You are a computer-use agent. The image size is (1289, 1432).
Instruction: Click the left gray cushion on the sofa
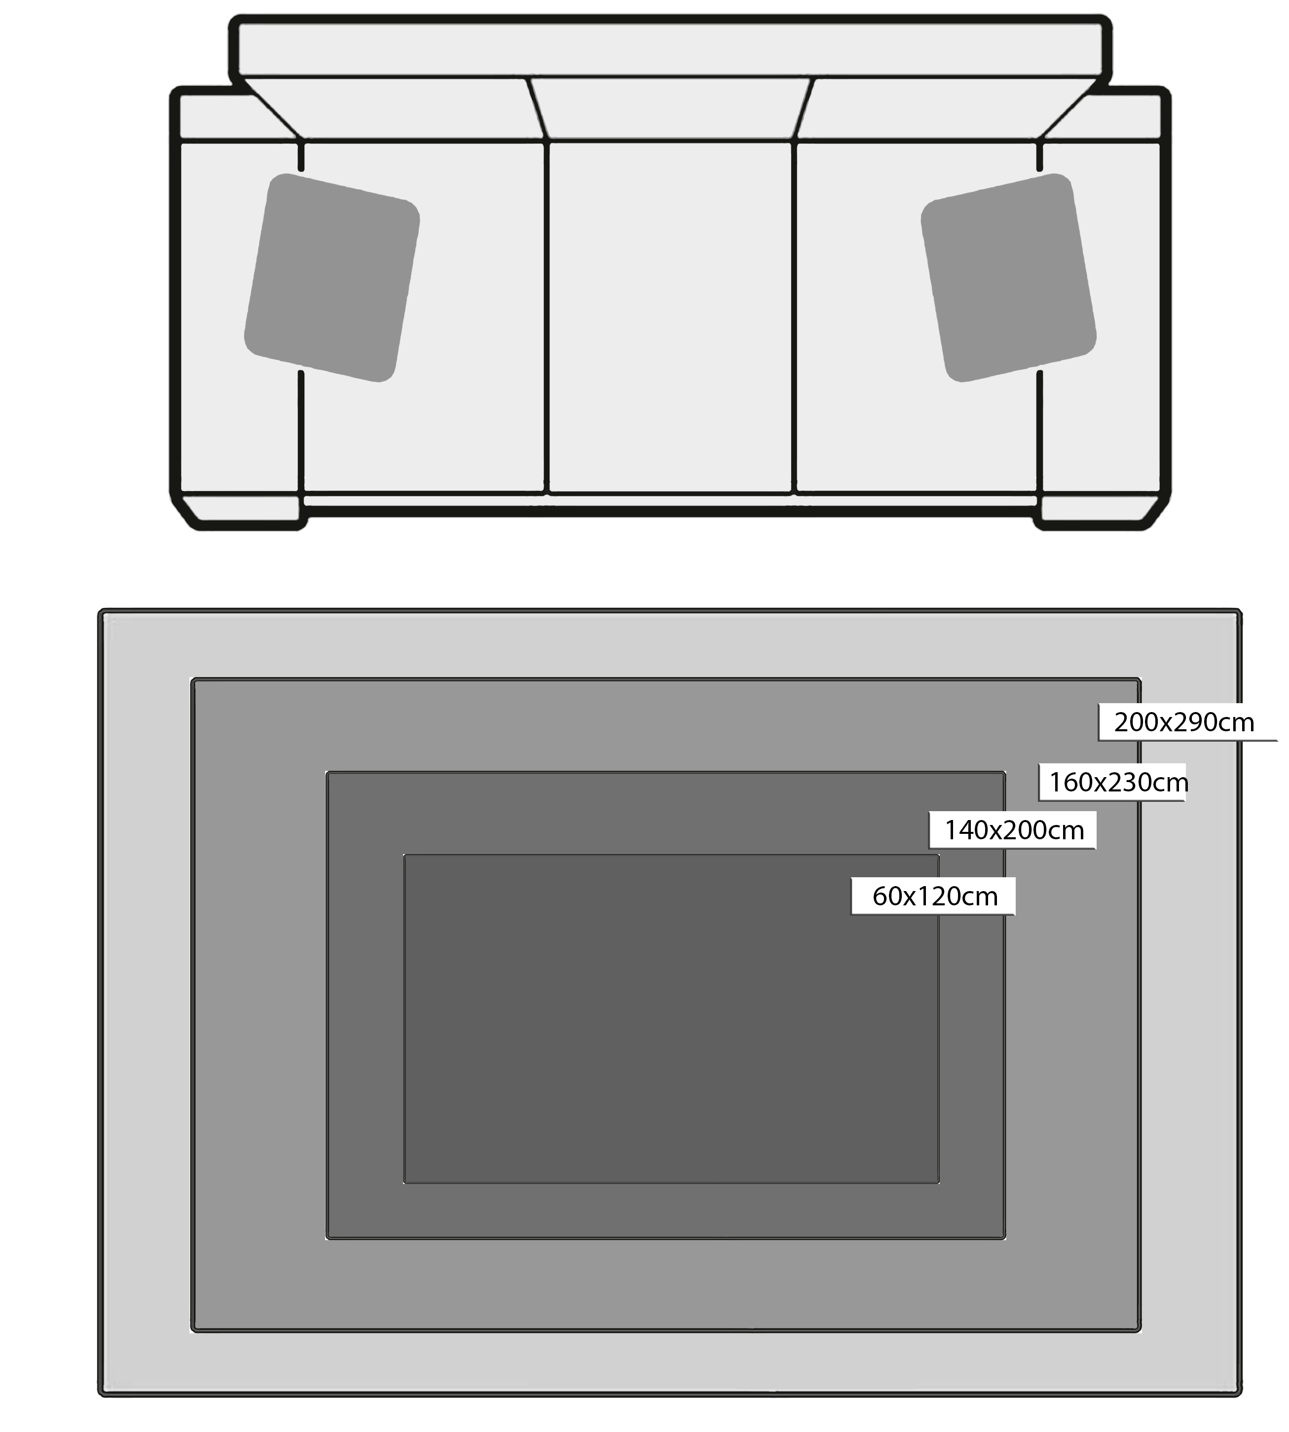click(332, 278)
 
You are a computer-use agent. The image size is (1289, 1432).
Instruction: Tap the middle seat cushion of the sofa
click(670, 317)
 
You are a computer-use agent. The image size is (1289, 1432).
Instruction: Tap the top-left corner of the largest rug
click(99, 610)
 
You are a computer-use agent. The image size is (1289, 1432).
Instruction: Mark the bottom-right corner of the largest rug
click(1241, 1395)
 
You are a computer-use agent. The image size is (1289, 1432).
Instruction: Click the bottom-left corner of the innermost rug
click(405, 1183)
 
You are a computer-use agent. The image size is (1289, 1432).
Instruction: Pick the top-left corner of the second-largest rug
click(192, 679)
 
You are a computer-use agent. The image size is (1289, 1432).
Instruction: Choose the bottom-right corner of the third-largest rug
click(1005, 1239)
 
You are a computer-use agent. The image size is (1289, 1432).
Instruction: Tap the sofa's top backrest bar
click(670, 45)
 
